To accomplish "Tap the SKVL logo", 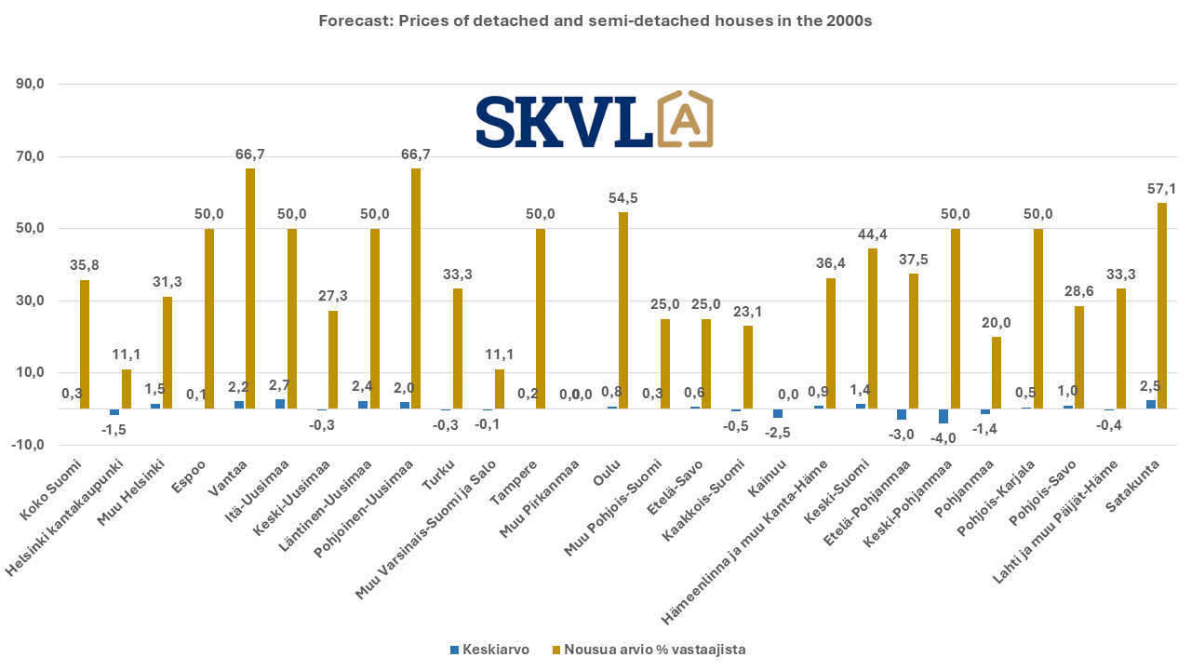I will tap(595, 120).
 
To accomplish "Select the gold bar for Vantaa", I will tap(250, 288).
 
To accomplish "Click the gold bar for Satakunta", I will tap(1162, 305).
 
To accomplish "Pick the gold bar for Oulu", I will tap(622, 310).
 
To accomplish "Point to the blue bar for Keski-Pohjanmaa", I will tap(943, 416).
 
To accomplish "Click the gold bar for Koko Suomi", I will tap(85, 344).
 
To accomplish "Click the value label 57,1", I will tap(1162, 189).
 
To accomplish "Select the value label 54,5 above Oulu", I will tap(622, 198).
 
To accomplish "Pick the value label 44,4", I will tap(872, 234).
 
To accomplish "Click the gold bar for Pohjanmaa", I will tap(997, 372).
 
